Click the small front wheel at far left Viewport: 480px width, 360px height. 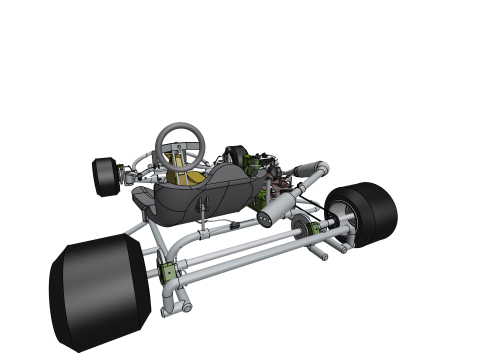click(103, 176)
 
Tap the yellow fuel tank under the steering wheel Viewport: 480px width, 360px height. click(190, 179)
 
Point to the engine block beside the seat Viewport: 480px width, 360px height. click(265, 170)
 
